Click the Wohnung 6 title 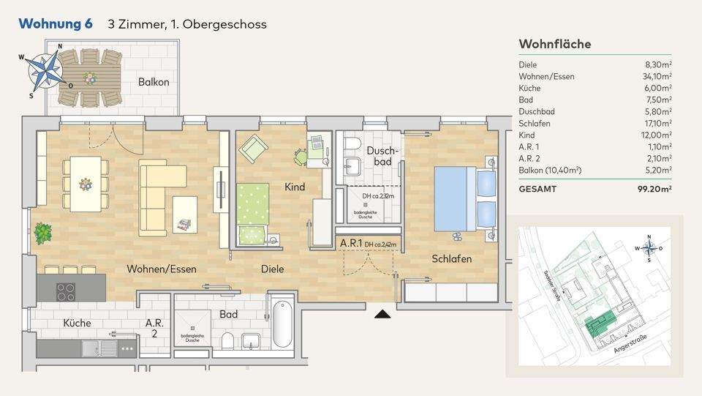tap(56, 24)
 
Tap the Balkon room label tap(154, 82)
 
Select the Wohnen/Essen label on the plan tap(162, 269)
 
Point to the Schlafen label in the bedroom tap(451, 259)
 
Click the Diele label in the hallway tap(272, 269)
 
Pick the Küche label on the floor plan tap(77, 323)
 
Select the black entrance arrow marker tap(382, 314)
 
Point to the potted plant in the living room tap(43, 234)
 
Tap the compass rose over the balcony tap(43, 72)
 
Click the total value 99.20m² tap(654, 189)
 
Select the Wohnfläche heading tap(554, 44)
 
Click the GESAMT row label tap(537, 189)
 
